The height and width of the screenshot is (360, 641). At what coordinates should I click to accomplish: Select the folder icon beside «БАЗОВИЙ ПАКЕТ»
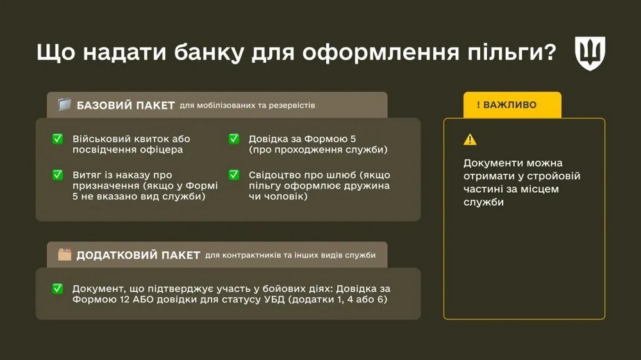click(x=64, y=105)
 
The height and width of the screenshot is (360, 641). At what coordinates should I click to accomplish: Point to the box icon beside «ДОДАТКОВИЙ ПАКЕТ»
click(x=64, y=255)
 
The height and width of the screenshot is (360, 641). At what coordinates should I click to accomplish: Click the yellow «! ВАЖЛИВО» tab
click(x=512, y=105)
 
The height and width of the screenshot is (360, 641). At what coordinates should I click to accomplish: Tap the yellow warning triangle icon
click(x=470, y=140)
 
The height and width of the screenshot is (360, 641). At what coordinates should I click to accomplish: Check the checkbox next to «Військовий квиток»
click(x=58, y=139)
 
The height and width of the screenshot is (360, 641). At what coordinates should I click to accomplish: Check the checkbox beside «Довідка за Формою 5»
click(x=235, y=139)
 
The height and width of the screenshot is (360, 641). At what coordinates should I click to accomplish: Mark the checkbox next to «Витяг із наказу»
click(x=58, y=175)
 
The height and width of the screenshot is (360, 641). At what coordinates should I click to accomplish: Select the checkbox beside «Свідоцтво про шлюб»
click(x=235, y=175)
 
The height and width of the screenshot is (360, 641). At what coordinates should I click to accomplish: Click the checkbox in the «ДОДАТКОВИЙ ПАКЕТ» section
click(x=58, y=288)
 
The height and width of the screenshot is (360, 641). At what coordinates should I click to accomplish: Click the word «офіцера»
click(x=160, y=151)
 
